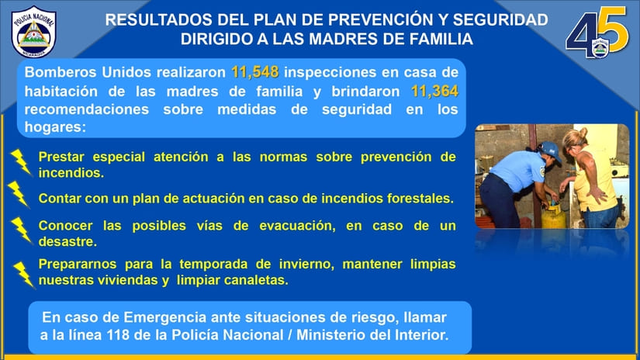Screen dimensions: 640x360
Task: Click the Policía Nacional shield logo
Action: pyautogui.click(x=34, y=32)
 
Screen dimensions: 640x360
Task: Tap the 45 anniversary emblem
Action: pyautogui.click(x=597, y=33)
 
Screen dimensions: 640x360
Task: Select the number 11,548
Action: pyautogui.click(x=255, y=72)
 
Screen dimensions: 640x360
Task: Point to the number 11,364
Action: pyautogui.click(x=434, y=91)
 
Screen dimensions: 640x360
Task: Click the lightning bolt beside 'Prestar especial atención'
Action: pyautogui.click(x=21, y=162)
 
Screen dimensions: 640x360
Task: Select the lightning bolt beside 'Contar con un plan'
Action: pyautogui.click(x=19, y=194)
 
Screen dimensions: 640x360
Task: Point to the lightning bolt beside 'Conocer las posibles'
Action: pyautogui.click(x=21, y=230)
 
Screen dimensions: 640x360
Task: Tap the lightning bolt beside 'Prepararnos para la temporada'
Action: pyautogui.click(x=24, y=275)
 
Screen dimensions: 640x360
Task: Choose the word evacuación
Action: pyautogui.click(x=297, y=226)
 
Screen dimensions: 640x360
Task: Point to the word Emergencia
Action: pyautogui.click(x=166, y=317)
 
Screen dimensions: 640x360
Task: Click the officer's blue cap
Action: pyautogui.click(x=549, y=151)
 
